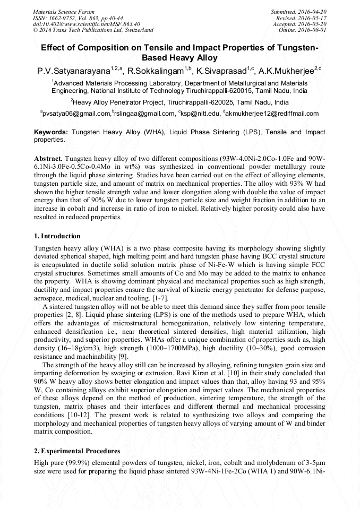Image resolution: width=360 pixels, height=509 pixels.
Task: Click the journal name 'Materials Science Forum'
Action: click(64, 12)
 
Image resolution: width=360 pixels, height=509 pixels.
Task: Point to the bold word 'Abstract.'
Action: click(49, 159)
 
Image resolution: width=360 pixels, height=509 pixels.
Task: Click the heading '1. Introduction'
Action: click(57, 236)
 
